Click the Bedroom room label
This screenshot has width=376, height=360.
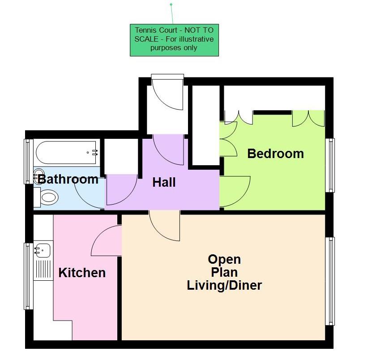tap(275, 154)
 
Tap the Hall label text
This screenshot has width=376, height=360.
tap(164, 182)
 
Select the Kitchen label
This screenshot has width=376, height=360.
tap(82, 272)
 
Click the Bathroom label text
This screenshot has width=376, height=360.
tap(68, 180)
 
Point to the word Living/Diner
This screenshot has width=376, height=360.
tap(224, 285)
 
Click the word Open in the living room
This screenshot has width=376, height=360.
tap(224, 259)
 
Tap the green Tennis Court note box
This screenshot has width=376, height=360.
tap(174, 40)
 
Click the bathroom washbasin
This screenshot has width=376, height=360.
tap(39, 175)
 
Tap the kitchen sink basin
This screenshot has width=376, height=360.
tap(44, 250)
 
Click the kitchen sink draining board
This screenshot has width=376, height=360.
tap(44, 270)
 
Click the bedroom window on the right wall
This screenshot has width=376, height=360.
tap(331, 165)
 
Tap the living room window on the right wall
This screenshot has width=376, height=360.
tap(331, 281)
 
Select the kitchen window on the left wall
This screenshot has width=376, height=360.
tap(28, 276)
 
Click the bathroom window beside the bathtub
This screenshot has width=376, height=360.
tap(28, 162)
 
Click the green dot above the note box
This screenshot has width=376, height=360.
tap(171, 4)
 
